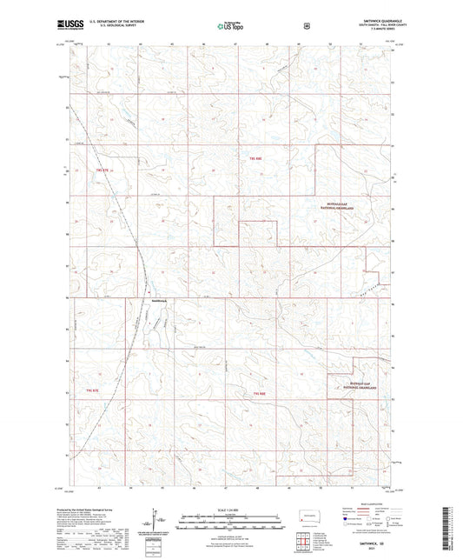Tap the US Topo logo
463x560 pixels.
click(230, 26)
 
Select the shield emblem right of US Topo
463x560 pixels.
click(306, 25)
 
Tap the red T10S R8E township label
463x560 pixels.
click(259, 394)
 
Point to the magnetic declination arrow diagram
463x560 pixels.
click(158, 522)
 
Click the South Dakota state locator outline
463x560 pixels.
click(306, 514)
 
